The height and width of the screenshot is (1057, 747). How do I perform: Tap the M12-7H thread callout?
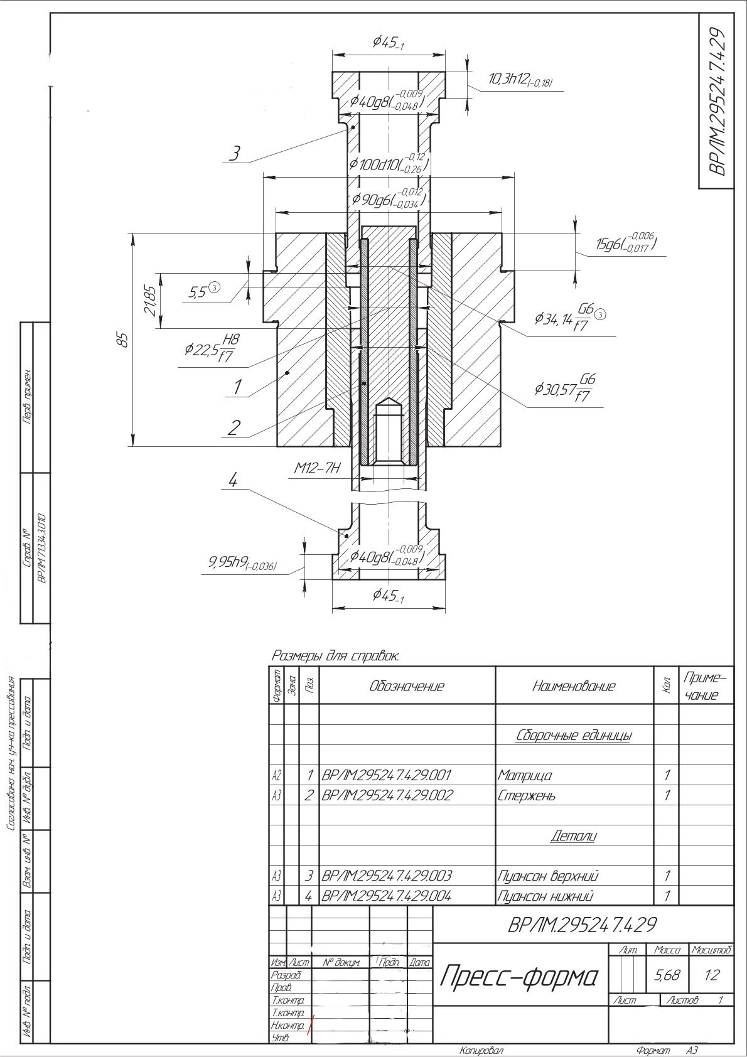click(x=317, y=468)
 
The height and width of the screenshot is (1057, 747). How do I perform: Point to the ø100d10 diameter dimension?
click(x=389, y=164)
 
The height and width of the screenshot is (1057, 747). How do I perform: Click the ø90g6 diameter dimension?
click(x=389, y=199)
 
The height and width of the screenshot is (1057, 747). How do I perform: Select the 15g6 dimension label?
click(x=625, y=244)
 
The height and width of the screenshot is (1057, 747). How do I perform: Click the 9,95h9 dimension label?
click(x=242, y=563)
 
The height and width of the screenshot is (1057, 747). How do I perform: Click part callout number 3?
click(x=235, y=153)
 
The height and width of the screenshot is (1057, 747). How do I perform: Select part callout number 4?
click(x=233, y=481)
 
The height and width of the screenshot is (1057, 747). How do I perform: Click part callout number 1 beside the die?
click(x=237, y=387)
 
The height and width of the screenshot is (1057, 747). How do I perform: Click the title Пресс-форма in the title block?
click(x=519, y=976)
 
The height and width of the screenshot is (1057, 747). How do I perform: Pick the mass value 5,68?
click(x=666, y=975)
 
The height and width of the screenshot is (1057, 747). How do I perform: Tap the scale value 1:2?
click(x=711, y=975)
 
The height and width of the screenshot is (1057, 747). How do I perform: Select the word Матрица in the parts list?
click(x=525, y=776)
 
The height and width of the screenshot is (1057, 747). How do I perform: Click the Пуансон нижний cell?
click(x=545, y=896)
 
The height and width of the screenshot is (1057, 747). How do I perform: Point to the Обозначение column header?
click(x=407, y=686)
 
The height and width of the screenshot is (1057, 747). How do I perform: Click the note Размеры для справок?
click(x=335, y=656)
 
